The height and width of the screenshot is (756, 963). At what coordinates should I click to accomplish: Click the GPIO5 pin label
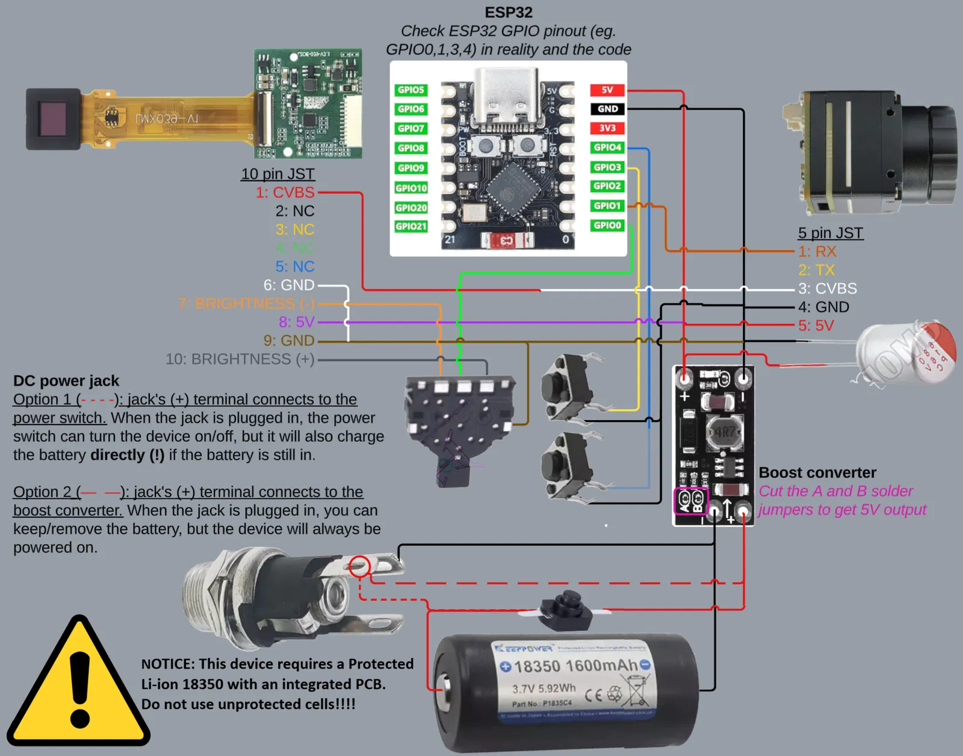[411, 90]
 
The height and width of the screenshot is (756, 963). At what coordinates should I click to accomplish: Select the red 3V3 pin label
[607, 128]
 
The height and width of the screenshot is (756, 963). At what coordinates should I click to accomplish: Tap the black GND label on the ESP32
[607, 109]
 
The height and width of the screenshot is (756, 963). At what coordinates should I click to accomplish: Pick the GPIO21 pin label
[411, 226]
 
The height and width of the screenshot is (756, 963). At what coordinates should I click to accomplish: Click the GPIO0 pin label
[607, 225]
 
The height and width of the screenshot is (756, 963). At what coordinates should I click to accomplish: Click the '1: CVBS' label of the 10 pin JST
[285, 193]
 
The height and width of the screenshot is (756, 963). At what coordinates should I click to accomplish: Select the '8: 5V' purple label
[296, 322]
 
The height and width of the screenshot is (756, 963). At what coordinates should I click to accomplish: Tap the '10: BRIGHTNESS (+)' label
[240, 359]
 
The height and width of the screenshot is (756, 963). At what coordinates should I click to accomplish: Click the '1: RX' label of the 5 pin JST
[817, 252]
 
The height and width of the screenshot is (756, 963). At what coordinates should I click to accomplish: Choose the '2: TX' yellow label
[816, 270]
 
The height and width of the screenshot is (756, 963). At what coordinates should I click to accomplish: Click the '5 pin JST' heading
[831, 233]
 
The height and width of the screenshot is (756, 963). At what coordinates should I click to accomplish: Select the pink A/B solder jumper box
[690, 501]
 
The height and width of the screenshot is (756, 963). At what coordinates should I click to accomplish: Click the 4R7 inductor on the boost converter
[724, 432]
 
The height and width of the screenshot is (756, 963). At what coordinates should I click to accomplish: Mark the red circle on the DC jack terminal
[360, 566]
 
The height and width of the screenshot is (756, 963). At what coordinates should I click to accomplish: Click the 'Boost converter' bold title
[817, 472]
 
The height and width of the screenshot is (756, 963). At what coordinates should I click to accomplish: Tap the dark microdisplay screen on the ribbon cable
[53, 119]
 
